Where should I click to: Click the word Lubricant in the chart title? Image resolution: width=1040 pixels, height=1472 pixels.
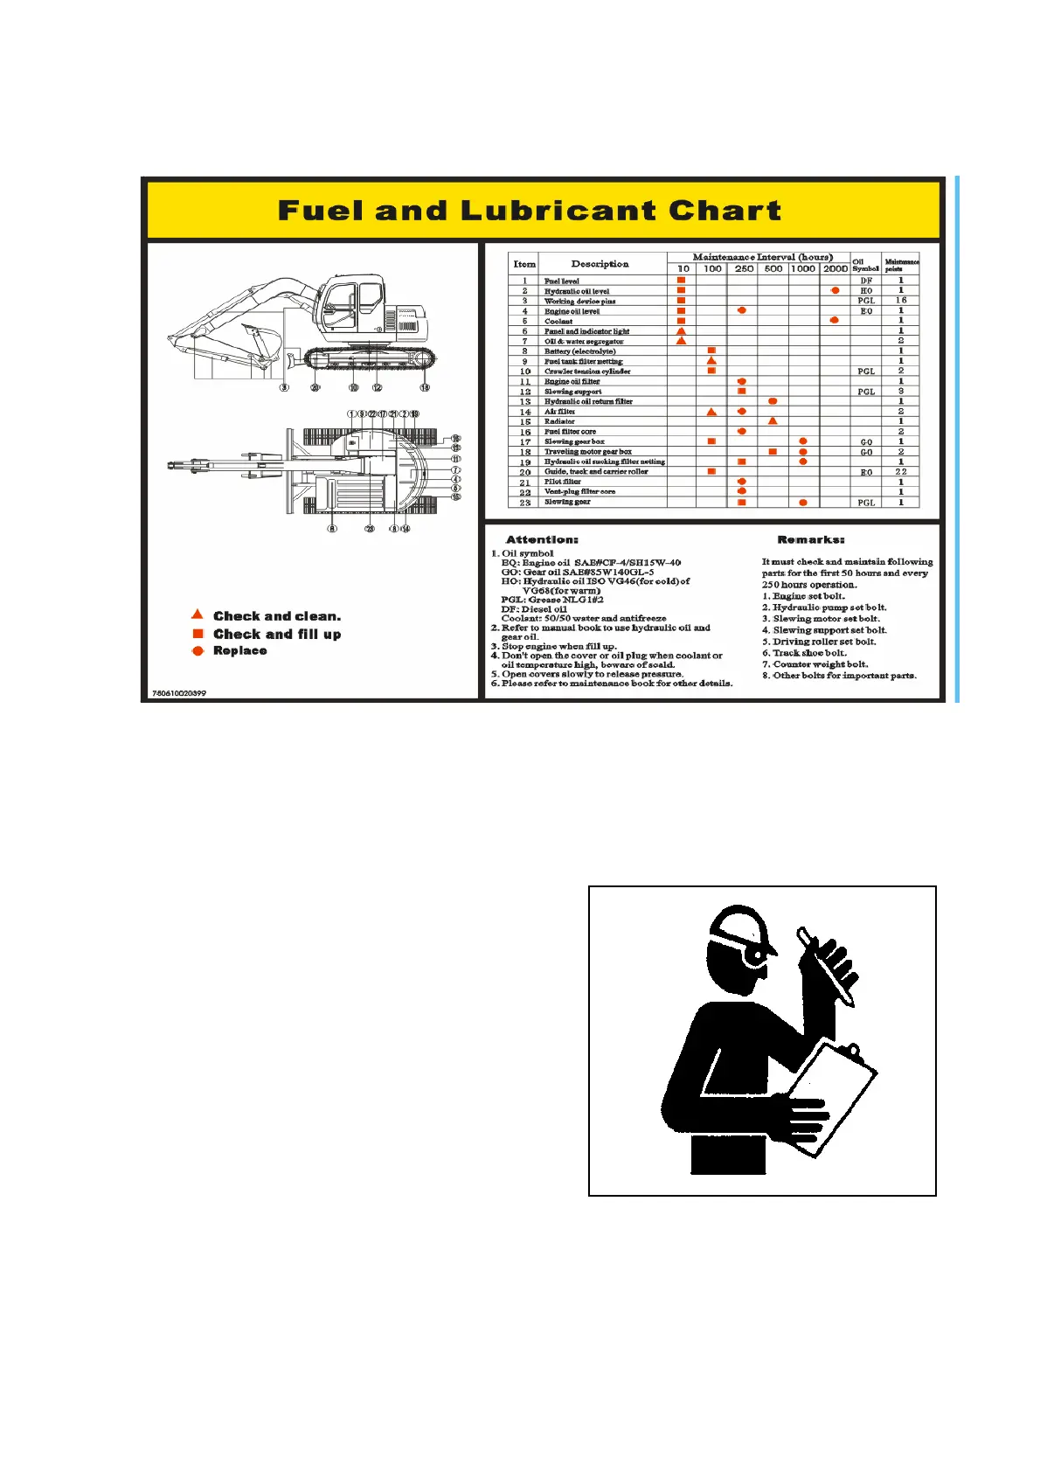pyautogui.click(x=558, y=211)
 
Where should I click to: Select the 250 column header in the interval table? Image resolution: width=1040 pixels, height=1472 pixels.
pyautogui.click(x=744, y=268)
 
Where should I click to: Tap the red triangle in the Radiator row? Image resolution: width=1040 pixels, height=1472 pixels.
pyautogui.click(x=773, y=421)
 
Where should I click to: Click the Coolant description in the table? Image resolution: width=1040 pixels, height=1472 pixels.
pyautogui.click(x=558, y=321)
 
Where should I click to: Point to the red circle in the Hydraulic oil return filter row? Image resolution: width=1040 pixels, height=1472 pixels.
pyautogui.click(x=773, y=401)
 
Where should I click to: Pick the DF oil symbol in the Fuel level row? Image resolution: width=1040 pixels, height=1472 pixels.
pyautogui.click(x=865, y=281)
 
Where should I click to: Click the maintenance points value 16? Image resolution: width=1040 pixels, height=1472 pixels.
pyautogui.click(x=901, y=300)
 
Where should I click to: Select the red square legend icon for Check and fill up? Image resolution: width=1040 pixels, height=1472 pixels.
pyautogui.click(x=198, y=634)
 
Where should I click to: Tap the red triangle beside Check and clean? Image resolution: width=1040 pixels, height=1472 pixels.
pyautogui.click(x=198, y=614)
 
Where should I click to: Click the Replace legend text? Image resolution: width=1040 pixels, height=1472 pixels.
pyautogui.click(x=240, y=651)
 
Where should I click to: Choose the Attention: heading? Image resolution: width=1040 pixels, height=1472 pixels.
pyautogui.click(x=542, y=540)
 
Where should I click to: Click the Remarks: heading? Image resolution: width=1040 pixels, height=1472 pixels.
pyautogui.click(x=810, y=540)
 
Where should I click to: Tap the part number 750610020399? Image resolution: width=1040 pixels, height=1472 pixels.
pyautogui.click(x=179, y=693)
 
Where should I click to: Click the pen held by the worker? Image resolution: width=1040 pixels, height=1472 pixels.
pyautogui.click(x=825, y=968)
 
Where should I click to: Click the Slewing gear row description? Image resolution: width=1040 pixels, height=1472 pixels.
pyautogui.click(x=567, y=503)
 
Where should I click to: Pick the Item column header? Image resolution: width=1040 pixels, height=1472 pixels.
pyautogui.click(x=524, y=264)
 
